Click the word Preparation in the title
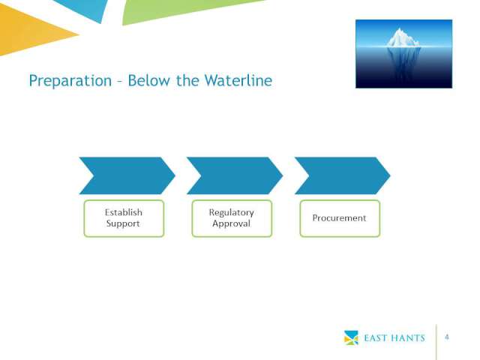click(x=70, y=81)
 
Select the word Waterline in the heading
click(x=238, y=80)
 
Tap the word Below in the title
click(x=148, y=80)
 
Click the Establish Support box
click(x=124, y=218)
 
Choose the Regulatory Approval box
click(x=232, y=218)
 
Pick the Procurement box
click(x=340, y=218)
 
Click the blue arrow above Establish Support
click(x=127, y=175)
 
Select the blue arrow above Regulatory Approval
click(x=235, y=175)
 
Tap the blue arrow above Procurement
click(x=343, y=175)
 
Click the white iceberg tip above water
click(x=402, y=39)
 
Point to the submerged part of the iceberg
click(x=403, y=61)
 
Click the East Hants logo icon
click(x=351, y=337)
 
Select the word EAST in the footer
click(x=376, y=338)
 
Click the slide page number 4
click(x=447, y=337)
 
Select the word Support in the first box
click(x=123, y=223)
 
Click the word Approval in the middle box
click(x=232, y=223)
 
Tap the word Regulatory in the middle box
click(x=232, y=212)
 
